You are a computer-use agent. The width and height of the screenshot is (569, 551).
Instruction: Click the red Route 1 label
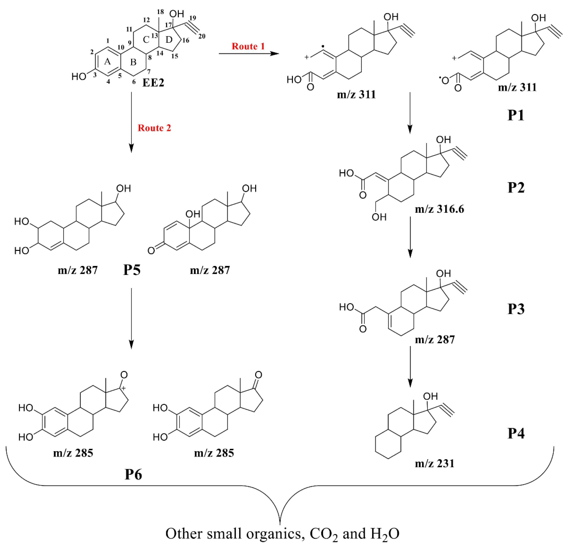248,46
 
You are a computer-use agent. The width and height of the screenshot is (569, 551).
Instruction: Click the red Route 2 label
154,128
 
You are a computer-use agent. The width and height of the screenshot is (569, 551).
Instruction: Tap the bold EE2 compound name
153,83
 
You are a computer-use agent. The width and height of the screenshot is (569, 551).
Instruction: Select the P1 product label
516,115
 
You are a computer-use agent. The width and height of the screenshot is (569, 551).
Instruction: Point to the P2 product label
516,188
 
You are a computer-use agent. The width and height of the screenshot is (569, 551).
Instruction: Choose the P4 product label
516,433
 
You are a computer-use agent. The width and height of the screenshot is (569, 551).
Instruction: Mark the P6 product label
133,474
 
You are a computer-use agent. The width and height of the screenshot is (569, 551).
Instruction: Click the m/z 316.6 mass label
439,209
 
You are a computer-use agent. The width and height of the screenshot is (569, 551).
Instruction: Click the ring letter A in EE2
107,62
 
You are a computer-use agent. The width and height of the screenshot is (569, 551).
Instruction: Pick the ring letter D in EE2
169,40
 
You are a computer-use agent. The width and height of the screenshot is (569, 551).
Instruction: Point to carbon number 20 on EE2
202,36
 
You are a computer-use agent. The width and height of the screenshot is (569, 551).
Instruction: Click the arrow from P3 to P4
410,367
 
